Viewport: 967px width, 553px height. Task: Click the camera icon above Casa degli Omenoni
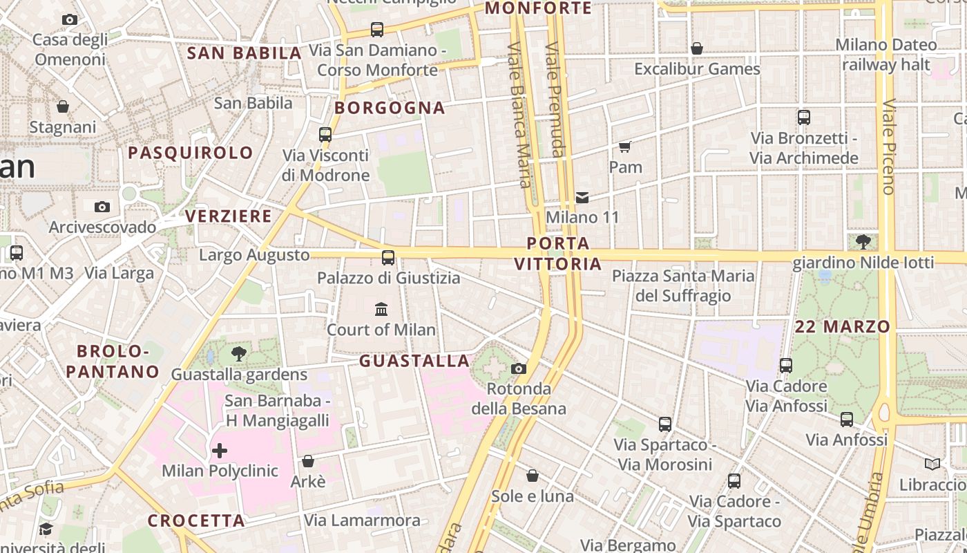70,20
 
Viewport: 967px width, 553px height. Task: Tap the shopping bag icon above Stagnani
63,106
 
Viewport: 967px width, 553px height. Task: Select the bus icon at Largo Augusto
388,258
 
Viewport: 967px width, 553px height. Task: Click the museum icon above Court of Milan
381,309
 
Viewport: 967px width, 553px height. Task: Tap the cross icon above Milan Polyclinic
220,451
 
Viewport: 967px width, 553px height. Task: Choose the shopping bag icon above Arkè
308,461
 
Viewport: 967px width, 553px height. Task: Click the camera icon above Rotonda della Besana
519,368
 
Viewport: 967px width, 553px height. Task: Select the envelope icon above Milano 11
582,198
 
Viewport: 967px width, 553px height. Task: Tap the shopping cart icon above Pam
625,147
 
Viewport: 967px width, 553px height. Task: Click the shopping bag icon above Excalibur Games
697,48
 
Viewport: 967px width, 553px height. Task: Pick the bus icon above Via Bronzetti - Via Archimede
804,118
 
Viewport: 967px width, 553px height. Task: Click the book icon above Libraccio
932,465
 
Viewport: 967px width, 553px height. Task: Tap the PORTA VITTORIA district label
558,254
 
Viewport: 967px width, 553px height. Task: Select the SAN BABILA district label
245,53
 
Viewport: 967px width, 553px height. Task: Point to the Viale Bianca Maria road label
519,115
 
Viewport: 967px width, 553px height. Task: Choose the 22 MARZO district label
842,327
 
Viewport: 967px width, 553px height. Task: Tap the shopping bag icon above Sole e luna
533,476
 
